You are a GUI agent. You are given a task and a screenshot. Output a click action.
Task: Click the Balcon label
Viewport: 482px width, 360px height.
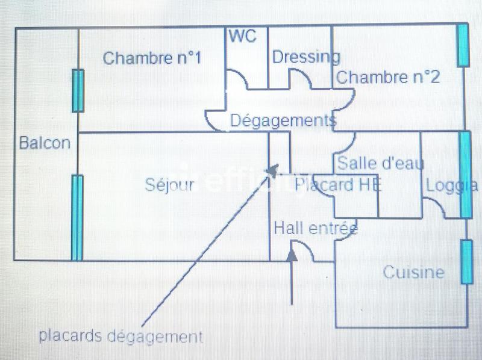click(45, 143)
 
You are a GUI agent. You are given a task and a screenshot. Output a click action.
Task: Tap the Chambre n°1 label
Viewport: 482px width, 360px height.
click(151, 58)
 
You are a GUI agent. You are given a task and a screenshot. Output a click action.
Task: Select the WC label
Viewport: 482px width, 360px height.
click(242, 36)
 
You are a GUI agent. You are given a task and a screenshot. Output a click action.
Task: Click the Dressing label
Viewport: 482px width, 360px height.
click(305, 57)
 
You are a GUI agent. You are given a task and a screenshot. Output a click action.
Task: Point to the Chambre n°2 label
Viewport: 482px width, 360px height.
click(387, 77)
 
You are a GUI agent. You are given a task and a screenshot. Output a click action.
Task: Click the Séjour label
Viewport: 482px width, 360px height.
click(170, 185)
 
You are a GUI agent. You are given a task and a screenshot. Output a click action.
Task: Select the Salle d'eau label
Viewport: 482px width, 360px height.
click(381, 163)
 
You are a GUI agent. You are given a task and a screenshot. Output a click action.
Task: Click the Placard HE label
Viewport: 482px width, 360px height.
click(338, 185)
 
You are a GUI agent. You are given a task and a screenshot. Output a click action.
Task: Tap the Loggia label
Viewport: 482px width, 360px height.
click(452, 185)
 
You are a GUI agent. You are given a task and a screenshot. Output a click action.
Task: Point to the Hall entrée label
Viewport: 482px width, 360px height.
click(316, 228)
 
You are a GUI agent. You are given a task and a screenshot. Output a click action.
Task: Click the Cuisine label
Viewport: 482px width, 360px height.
click(413, 272)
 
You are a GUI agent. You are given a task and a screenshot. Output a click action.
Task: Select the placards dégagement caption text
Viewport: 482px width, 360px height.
click(120, 336)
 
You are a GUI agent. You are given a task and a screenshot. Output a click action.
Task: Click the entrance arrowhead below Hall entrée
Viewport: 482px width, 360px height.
click(292, 255)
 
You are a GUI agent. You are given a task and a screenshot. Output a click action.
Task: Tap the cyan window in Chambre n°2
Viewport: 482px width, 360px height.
click(462, 46)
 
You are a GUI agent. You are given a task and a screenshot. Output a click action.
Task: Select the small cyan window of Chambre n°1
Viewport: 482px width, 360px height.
click(78, 90)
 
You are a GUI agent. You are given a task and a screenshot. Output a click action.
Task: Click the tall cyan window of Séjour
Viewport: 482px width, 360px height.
click(77, 217)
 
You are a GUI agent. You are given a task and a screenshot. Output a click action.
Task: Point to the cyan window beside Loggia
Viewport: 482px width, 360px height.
click(465, 174)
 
